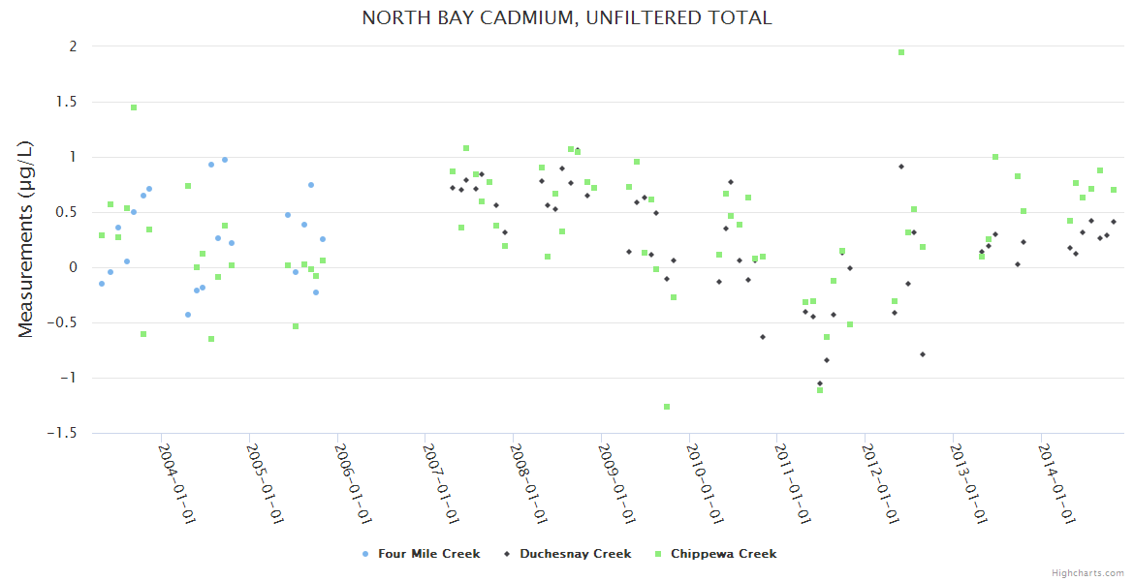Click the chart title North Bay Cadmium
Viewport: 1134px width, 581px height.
(x=567, y=17)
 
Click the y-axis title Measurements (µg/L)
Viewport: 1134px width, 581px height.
(x=26, y=239)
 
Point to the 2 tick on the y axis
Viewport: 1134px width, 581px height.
(x=72, y=46)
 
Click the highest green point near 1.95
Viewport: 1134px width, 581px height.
(x=901, y=52)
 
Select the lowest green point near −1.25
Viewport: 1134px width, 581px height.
(x=667, y=407)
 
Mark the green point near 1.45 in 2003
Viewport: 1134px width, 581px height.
(x=134, y=107)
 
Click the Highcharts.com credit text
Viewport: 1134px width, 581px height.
(x=1087, y=572)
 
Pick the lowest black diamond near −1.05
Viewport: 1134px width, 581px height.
(x=820, y=383)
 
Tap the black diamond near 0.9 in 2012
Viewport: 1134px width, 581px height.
(x=901, y=167)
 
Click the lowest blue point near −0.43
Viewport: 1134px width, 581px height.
(x=188, y=315)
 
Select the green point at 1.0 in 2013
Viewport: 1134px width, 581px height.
(x=995, y=157)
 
